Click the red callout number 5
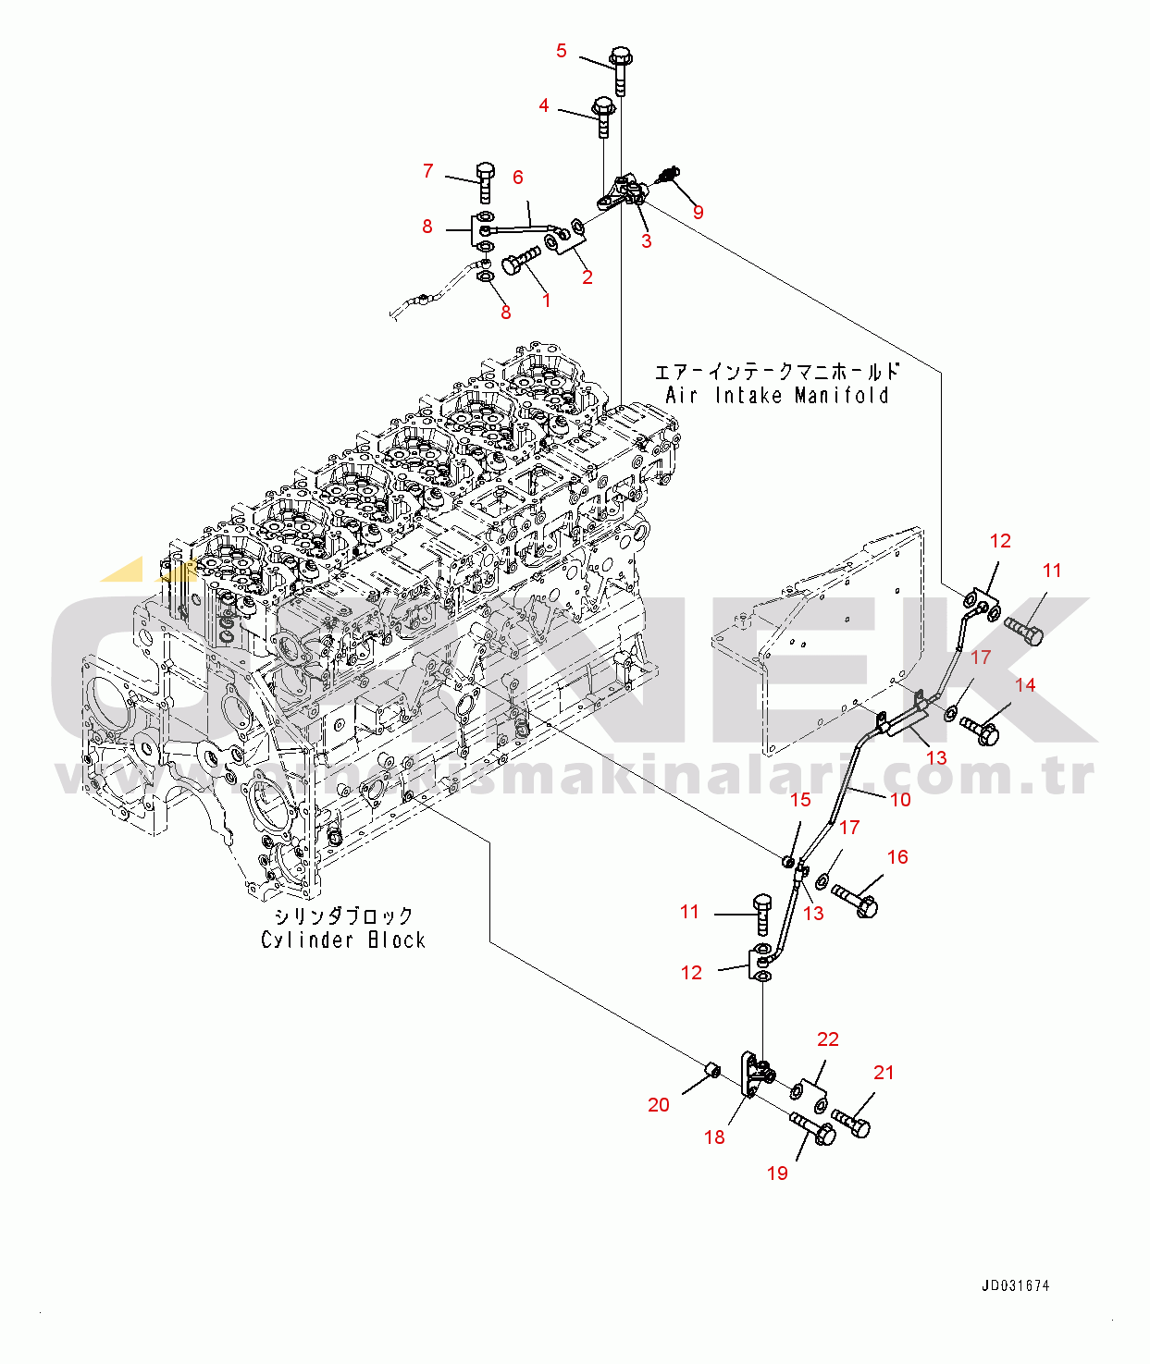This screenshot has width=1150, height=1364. point(561,50)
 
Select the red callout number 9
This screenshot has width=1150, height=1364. point(698,212)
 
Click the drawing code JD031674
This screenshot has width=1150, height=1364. point(1015,1285)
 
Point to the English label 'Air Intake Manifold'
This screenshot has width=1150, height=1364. point(776,396)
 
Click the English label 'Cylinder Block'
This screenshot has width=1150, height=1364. point(342,940)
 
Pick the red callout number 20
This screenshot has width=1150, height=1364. point(658,1104)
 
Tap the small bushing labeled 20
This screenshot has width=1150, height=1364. point(712,1070)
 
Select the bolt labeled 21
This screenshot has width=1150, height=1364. point(851,1123)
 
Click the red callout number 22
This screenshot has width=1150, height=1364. point(827,1039)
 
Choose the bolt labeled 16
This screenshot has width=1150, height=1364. point(855,900)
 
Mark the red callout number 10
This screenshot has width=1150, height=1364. point(900,799)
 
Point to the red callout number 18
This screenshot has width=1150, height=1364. point(714,1137)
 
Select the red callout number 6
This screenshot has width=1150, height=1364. point(517,177)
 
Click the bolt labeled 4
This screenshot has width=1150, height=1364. point(603,117)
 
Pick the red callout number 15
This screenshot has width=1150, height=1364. point(800,799)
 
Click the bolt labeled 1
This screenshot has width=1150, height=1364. point(521,262)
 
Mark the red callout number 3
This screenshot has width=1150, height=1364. point(646,240)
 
